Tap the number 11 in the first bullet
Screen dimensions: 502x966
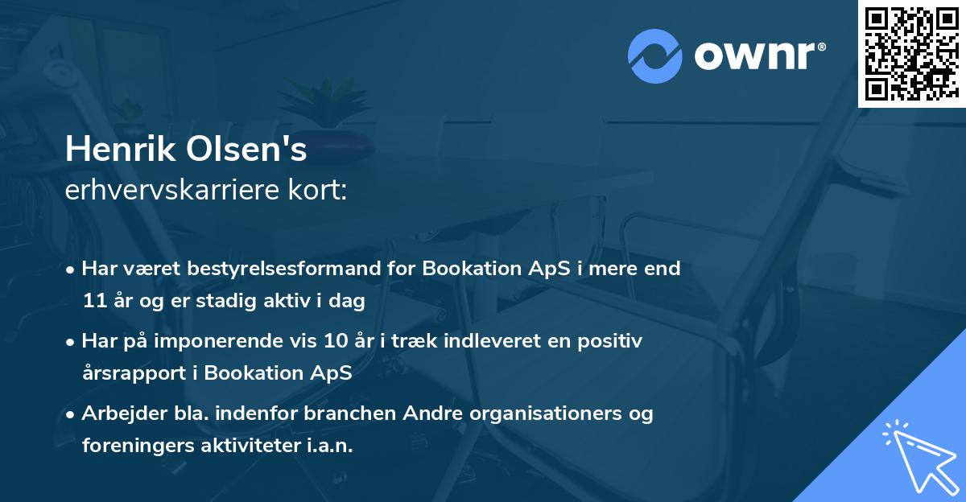94,302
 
